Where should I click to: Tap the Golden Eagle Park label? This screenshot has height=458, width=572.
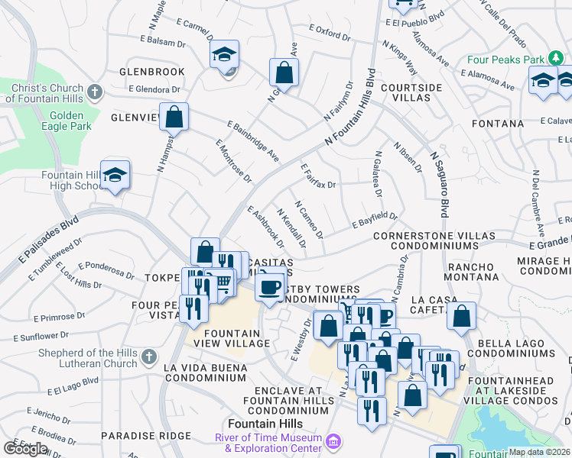point(70,121)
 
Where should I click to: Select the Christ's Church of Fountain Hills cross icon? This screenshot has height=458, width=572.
point(95,92)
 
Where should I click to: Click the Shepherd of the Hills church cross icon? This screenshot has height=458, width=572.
point(149,356)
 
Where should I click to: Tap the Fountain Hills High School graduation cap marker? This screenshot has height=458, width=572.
point(115,175)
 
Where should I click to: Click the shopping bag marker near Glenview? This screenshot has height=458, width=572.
point(174,118)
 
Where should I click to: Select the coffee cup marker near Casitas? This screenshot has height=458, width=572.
point(268,286)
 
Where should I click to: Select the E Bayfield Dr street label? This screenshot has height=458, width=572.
point(375,220)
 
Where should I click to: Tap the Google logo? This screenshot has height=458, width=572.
point(25,448)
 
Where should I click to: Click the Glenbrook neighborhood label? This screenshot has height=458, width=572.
point(152,72)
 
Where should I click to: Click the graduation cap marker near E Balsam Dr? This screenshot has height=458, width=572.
point(225,54)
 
